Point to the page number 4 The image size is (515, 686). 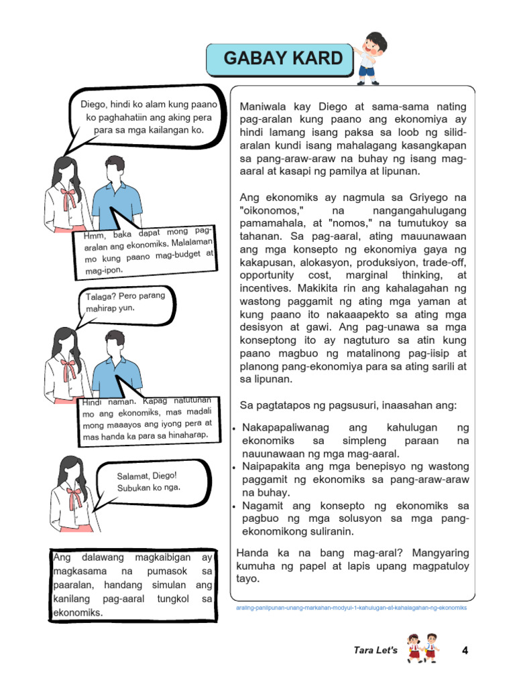465,650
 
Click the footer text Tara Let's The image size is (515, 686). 376,650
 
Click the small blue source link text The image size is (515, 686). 351,608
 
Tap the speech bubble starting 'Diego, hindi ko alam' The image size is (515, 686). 149,117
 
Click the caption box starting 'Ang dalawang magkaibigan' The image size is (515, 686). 132,585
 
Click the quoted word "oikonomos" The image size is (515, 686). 269,210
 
